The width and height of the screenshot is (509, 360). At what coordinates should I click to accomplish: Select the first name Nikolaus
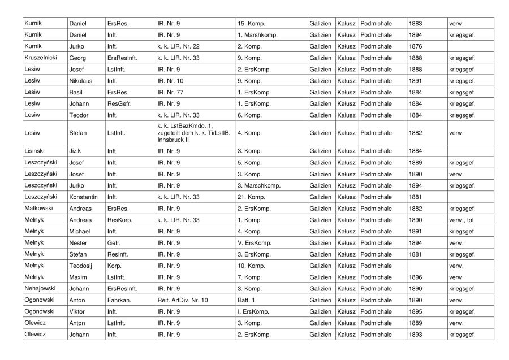(80, 81)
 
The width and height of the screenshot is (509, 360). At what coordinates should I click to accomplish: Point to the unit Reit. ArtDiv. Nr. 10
(183, 300)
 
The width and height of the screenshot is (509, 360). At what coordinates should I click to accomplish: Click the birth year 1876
(415, 46)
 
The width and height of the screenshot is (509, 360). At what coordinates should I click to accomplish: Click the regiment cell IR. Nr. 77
(170, 92)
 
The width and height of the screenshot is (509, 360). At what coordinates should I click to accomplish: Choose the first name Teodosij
(81, 265)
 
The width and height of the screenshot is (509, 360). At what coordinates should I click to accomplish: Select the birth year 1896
(415, 277)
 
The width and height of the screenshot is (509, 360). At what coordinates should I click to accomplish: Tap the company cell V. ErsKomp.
(255, 242)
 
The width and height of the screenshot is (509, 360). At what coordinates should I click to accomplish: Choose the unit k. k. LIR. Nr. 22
(178, 46)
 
